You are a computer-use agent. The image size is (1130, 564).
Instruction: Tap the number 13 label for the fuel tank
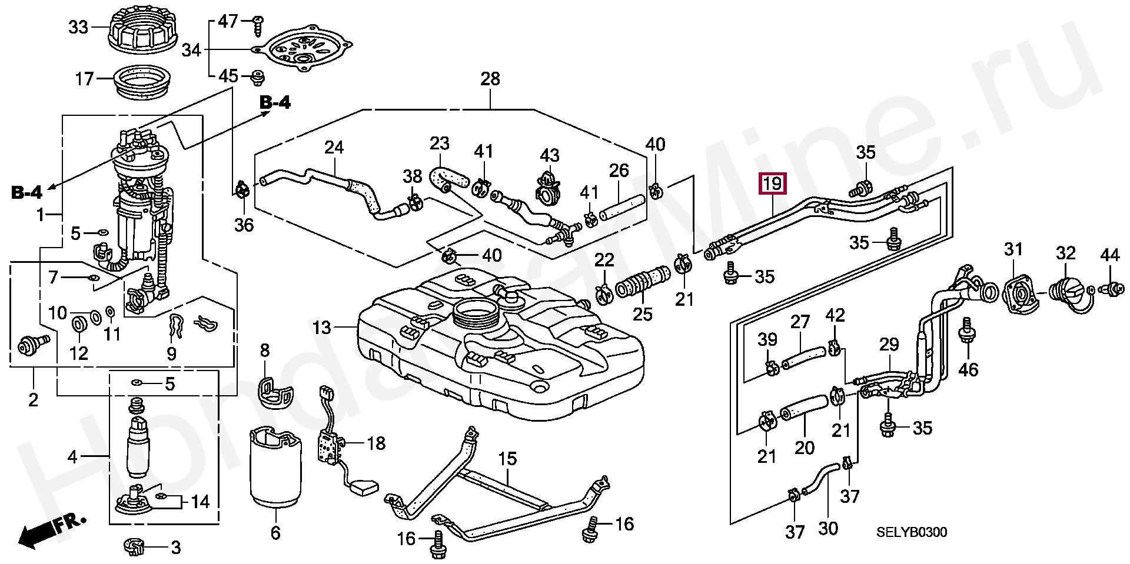[322, 328]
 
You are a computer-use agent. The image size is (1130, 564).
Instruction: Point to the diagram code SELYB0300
[912, 532]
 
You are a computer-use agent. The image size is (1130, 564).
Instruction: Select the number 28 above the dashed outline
[490, 79]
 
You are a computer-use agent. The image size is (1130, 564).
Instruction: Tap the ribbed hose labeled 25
[643, 281]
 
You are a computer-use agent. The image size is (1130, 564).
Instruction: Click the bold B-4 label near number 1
[27, 192]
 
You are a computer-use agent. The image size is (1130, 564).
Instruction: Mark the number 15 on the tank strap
[507, 459]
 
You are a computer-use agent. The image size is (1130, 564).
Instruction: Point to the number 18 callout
[376, 443]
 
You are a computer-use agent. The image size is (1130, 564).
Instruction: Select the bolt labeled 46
[966, 332]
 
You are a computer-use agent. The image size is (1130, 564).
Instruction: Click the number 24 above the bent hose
[334, 147]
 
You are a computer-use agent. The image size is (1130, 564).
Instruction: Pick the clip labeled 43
[549, 188]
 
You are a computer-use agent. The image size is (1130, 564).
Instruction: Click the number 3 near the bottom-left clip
[175, 548]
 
